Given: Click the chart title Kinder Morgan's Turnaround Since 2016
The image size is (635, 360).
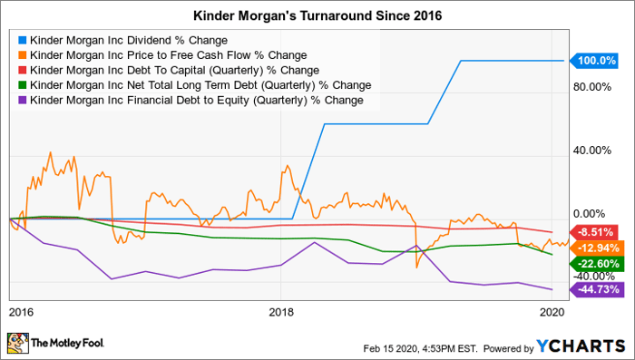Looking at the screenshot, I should (x=317, y=15).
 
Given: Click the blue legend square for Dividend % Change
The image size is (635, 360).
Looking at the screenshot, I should (x=21, y=41).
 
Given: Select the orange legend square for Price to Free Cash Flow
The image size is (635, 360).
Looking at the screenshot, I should (x=21, y=55).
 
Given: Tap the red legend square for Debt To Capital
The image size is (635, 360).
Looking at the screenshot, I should (x=21, y=71).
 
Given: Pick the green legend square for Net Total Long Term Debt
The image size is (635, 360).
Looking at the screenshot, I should (x=21, y=85).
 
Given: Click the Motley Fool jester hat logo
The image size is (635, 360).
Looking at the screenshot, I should (x=19, y=344).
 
